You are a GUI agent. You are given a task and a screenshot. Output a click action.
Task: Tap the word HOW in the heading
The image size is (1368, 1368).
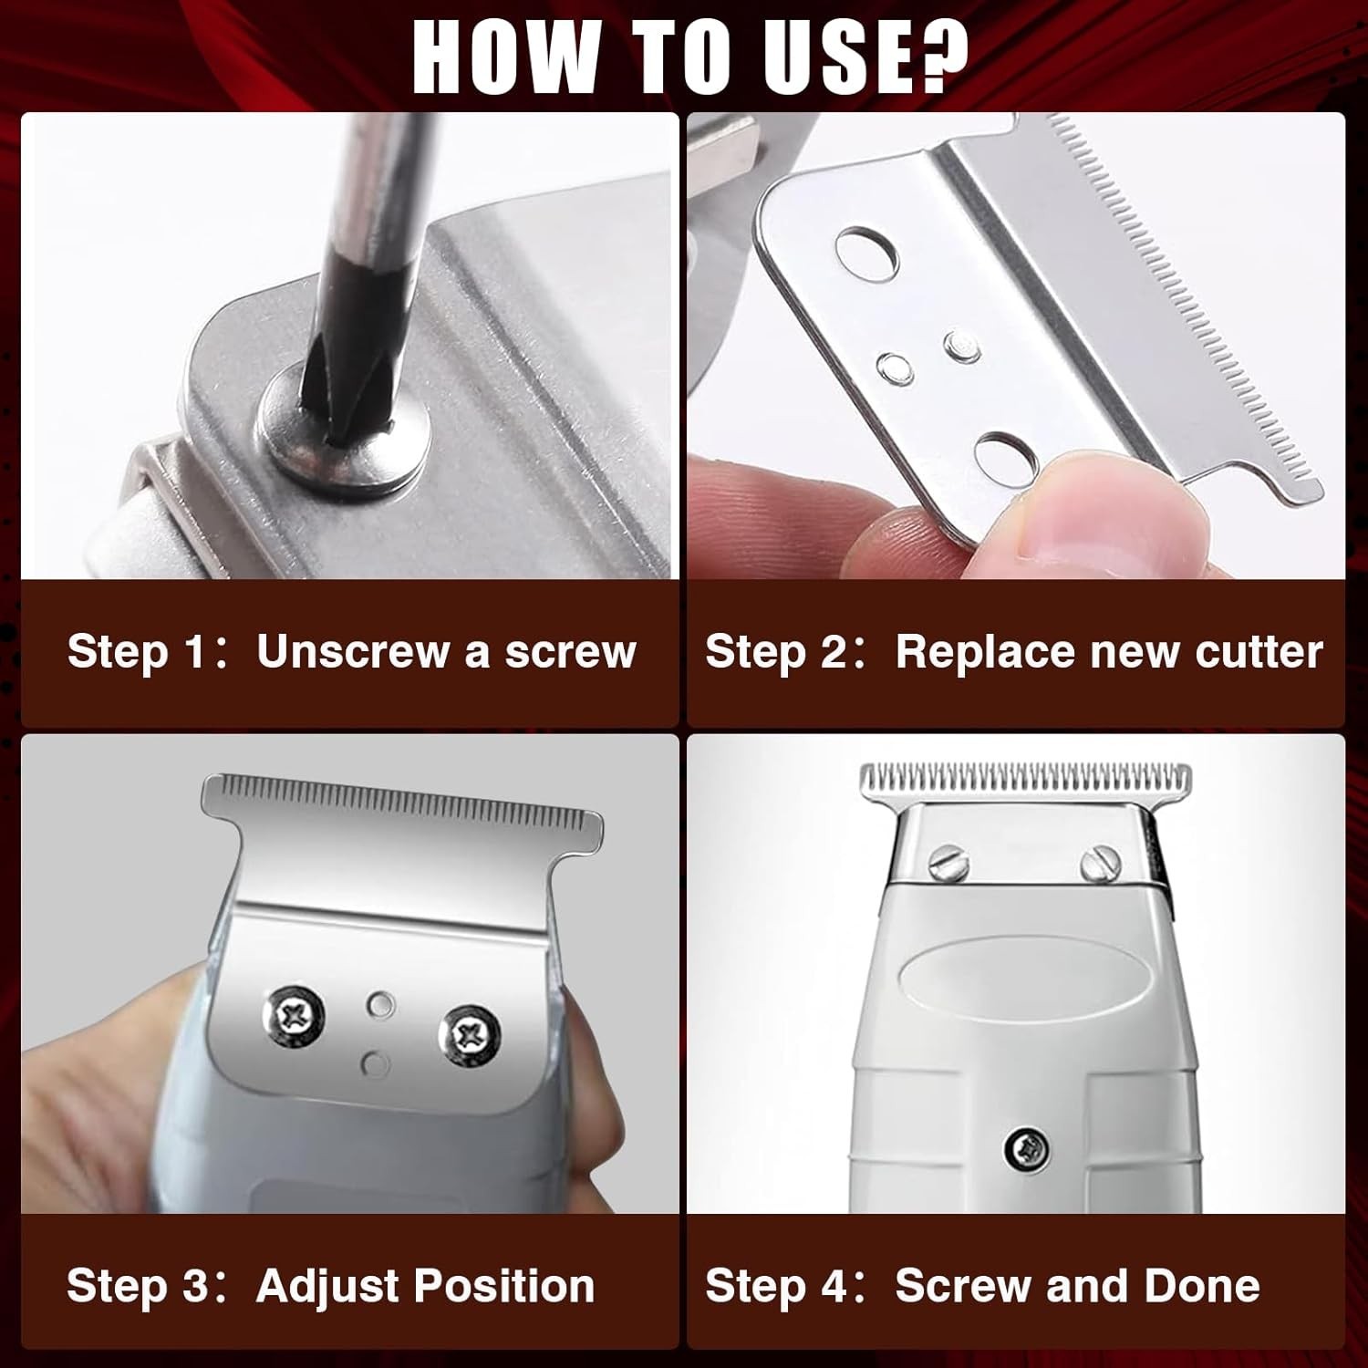[x=502, y=56]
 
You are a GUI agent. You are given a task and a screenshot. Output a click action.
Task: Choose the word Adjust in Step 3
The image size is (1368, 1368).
[x=328, y=1286]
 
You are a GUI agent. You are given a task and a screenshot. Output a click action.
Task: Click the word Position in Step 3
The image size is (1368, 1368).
[x=504, y=1286]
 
